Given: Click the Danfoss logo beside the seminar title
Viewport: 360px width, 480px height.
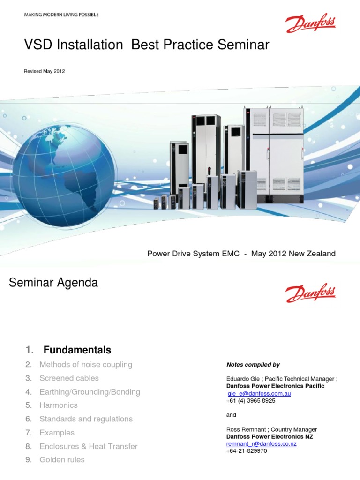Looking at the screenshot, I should (x=311, y=23).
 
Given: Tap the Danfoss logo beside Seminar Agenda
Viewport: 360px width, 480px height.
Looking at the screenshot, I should (x=311, y=292).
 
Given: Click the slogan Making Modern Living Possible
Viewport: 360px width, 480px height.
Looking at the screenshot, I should (x=61, y=15).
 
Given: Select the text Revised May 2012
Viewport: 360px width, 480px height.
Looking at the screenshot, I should (x=44, y=71).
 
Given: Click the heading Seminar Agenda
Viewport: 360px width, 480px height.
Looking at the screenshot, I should (x=54, y=283).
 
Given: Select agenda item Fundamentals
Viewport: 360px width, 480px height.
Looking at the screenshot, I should (x=77, y=350).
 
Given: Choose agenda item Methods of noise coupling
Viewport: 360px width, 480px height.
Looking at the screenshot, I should (x=86, y=364).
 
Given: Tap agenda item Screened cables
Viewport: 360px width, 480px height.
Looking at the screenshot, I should (x=69, y=378).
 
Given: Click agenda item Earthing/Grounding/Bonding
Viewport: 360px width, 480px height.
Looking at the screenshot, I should (x=90, y=392).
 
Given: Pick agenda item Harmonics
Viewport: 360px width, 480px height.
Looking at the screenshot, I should (x=59, y=405).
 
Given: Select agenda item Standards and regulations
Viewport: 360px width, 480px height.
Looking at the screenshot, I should (x=86, y=419).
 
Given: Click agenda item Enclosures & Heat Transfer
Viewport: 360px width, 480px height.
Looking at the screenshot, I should (x=89, y=446).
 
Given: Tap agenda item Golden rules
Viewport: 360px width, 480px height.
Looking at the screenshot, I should (x=62, y=460).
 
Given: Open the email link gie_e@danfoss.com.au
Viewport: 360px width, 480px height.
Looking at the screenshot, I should (x=259, y=394).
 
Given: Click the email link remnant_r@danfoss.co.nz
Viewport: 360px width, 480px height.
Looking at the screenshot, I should (x=262, y=443).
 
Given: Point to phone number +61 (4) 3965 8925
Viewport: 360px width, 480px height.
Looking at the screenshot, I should (x=251, y=401).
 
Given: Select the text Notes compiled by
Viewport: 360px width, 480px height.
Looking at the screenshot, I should (x=253, y=365).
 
